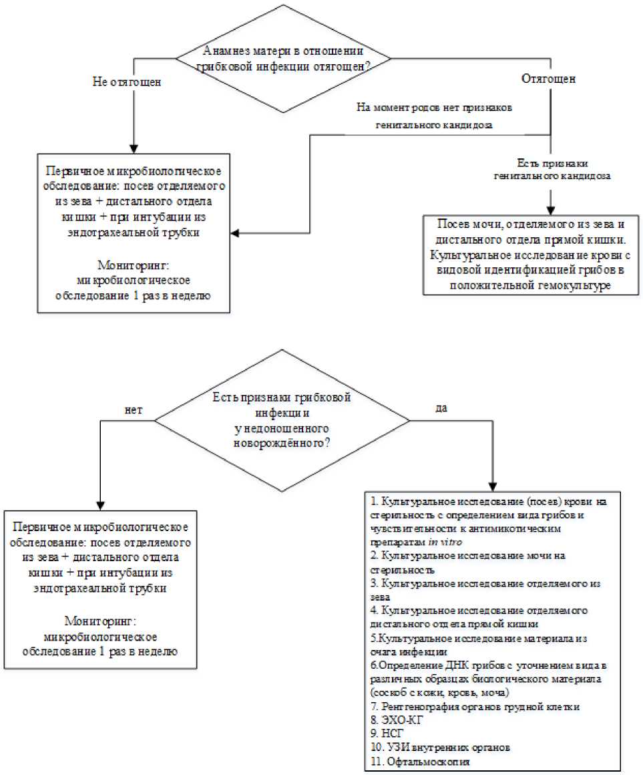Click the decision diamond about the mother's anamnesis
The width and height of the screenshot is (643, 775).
284,59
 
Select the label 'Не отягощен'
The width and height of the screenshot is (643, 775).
128,82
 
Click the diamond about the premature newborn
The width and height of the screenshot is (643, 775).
282,420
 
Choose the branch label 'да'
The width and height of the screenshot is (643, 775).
441,409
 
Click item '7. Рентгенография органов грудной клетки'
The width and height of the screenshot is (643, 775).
471,707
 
